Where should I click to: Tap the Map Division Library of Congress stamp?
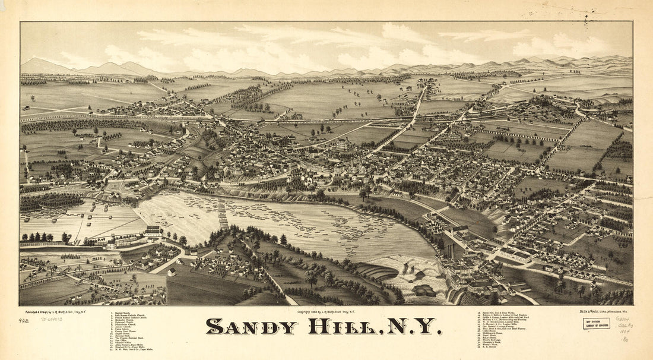point(596,323)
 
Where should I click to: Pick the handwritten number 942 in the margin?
point(24,321)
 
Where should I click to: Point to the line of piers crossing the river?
point(223,213)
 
